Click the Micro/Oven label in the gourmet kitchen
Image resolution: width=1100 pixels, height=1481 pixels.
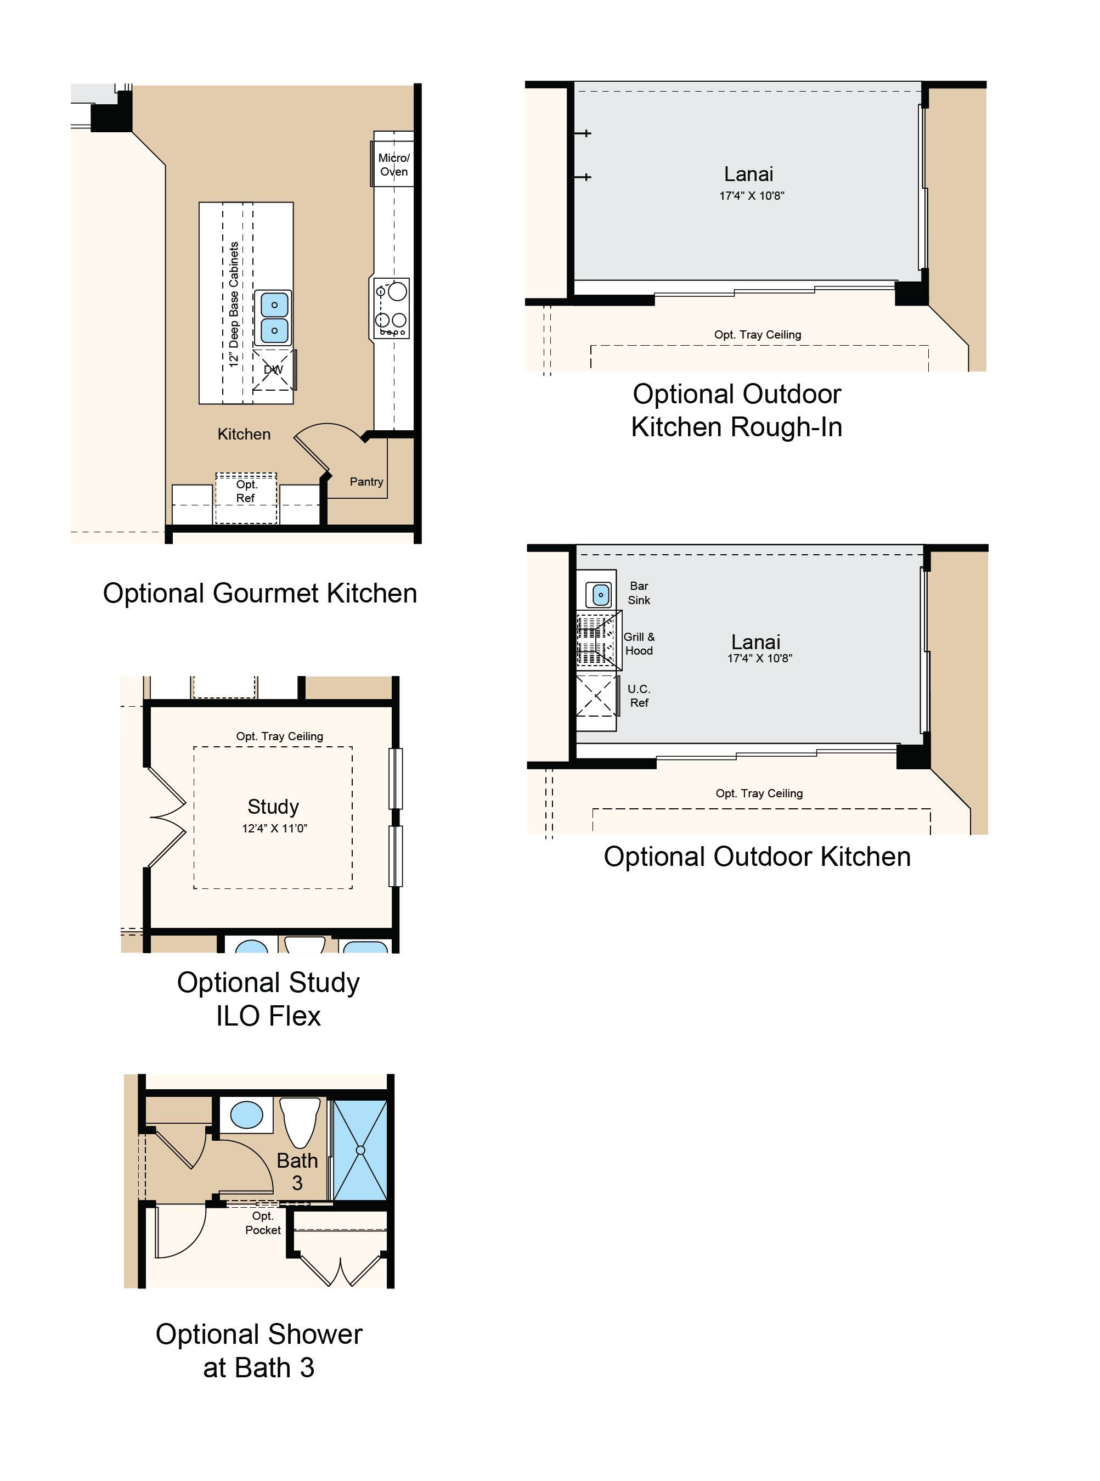pyautogui.click(x=393, y=165)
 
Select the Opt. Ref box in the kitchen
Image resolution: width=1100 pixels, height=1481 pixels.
pyautogui.click(x=246, y=498)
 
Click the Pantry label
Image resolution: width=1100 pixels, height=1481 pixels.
pyautogui.click(x=366, y=481)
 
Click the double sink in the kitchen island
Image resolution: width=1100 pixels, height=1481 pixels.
pyautogui.click(x=274, y=318)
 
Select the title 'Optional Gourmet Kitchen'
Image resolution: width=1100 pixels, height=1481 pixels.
pyautogui.click(x=260, y=593)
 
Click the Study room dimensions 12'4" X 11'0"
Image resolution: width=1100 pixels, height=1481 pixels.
pyautogui.click(x=274, y=829)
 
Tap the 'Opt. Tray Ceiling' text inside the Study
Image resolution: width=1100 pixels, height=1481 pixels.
pyautogui.click(x=280, y=736)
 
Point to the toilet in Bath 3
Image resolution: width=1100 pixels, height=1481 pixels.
pyautogui.click(x=300, y=1123)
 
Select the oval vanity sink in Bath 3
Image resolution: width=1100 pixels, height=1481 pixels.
pyautogui.click(x=246, y=1115)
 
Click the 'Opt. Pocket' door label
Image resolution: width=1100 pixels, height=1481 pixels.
pyautogui.click(x=263, y=1223)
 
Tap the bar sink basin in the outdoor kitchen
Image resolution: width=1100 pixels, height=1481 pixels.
pyautogui.click(x=601, y=594)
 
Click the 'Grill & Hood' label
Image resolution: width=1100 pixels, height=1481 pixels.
pyautogui.click(x=639, y=644)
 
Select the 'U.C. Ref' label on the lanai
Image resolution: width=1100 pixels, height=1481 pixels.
pyautogui.click(x=639, y=696)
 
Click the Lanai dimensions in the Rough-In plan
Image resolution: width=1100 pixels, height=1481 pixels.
pyautogui.click(x=752, y=196)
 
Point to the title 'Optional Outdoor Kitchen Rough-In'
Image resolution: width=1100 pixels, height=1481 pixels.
pyautogui.click(x=737, y=410)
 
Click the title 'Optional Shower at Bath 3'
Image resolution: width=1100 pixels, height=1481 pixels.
pyautogui.click(x=259, y=1350)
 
